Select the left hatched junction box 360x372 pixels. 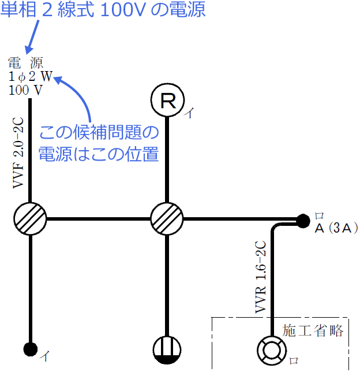click(29, 219)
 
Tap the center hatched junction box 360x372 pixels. click(167, 219)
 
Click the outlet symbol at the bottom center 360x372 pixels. click(167, 349)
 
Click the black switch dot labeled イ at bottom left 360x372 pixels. click(29, 349)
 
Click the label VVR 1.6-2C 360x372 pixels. click(260, 277)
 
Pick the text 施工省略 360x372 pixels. click(313, 330)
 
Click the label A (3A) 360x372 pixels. click(337, 228)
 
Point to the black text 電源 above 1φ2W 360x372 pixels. click(26, 62)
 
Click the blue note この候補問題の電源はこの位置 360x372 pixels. click(98, 144)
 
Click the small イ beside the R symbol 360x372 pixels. click(189, 114)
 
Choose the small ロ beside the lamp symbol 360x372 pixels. click(293, 360)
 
